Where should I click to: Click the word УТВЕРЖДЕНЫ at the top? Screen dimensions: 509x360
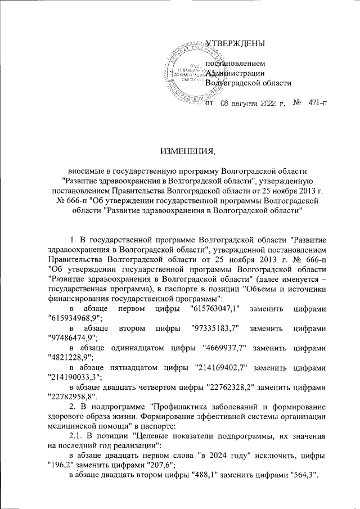point(235,44)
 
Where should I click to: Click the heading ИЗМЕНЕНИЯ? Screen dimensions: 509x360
point(179,151)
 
